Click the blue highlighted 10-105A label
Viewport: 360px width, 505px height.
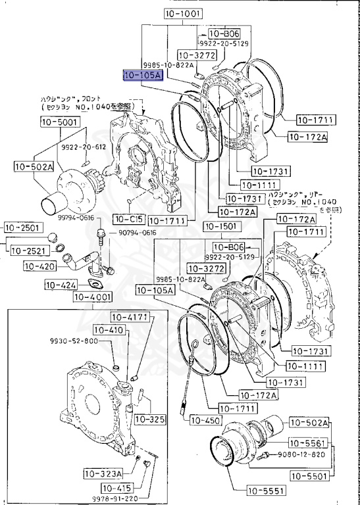[x=142, y=76]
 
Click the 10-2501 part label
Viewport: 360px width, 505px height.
[x=23, y=228]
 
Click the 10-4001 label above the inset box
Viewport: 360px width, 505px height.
[x=93, y=297]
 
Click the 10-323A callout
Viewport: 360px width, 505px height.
[x=103, y=473]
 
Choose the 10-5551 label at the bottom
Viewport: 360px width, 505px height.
[x=267, y=489]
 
